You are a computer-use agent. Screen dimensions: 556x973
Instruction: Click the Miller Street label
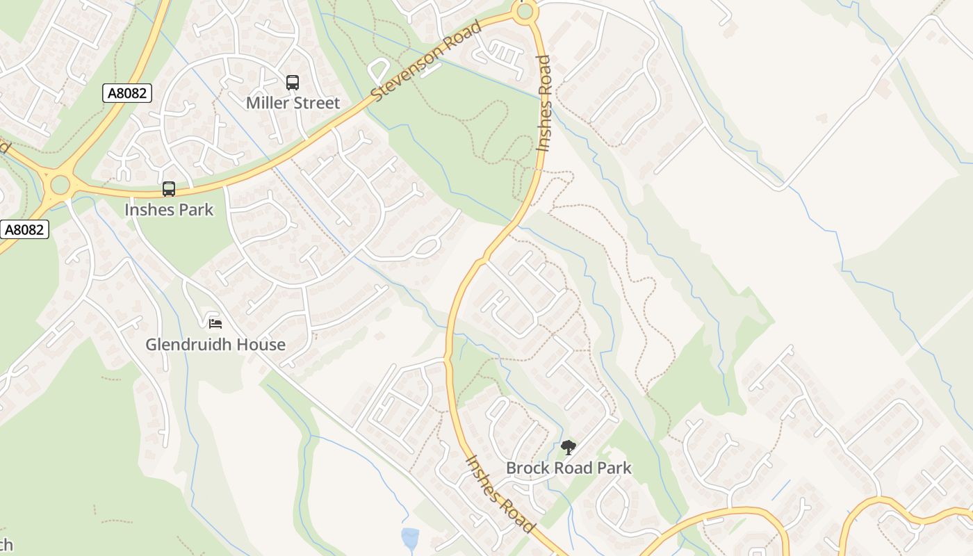click(x=293, y=103)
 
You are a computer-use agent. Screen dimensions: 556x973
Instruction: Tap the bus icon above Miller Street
click(x=293, y=83)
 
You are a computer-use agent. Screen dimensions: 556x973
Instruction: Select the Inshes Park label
click(x=169, y=209)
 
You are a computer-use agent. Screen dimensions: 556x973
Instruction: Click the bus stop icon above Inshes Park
click(x=169, y=189)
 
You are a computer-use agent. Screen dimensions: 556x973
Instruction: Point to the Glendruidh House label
click(x=215, y=344)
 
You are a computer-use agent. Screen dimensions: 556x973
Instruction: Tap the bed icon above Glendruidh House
click(x=215, y=323)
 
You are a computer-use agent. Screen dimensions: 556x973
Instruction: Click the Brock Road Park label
click(x=569, y=468)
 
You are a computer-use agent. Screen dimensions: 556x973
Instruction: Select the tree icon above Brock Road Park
click(x=569, y=448)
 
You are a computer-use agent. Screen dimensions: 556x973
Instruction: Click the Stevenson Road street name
click(x=427, y=61)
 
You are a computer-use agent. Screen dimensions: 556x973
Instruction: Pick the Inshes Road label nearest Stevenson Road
click(x=543, y=103)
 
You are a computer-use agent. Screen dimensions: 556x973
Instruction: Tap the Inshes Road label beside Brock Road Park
click(x=500, y=494)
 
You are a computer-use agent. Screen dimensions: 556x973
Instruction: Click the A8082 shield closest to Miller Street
click(x=127, y=93)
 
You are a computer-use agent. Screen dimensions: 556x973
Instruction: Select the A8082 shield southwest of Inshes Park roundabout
click(x=24, y=229)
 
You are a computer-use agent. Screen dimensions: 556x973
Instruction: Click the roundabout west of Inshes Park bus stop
click(x=60, y=185)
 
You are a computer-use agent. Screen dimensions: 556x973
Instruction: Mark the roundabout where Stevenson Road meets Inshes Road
click(x=525, y=11)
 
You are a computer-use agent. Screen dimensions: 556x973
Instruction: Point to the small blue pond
click(x=410, y=538)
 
